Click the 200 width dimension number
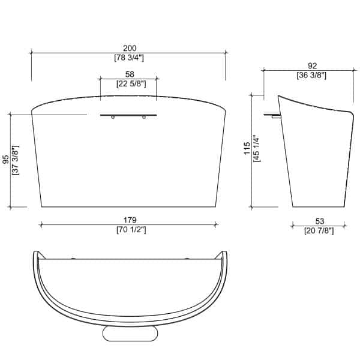[x=130, y=48]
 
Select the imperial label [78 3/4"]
[x=129, y=58]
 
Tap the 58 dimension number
[x=130, y=74]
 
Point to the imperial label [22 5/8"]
[x=131, y=84]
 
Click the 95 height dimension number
[x=6, y=160]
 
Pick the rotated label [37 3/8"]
[x=16, y=160]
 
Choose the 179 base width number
[x=130, y=220]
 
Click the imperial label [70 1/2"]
[x=131, y=230]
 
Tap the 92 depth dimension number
[x=312, y=66]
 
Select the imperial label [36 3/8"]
[x=311, y=76]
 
